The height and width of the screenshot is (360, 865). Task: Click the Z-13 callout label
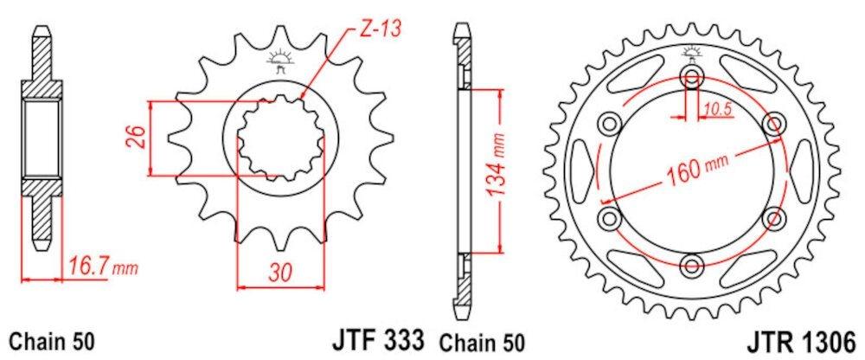click(381, 29)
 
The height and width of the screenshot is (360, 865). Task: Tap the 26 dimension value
click(138, 138)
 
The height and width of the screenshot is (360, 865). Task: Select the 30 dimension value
click(280, 272)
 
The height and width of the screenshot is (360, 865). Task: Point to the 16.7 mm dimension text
click(103, 269)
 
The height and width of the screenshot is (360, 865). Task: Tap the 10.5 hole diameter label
click(716, 110)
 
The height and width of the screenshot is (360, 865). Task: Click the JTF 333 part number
click(377, 338)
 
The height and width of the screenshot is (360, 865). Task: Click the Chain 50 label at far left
click(53, 340)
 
